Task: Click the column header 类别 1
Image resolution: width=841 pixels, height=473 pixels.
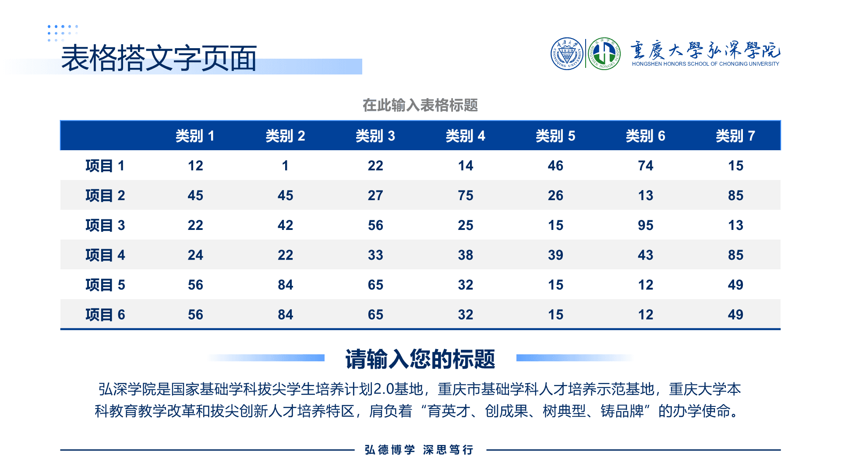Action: [x=195, y=136]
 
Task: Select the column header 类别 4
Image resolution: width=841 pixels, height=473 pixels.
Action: [x=465, y=136]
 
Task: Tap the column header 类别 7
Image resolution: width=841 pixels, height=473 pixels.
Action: [x=735, y=136]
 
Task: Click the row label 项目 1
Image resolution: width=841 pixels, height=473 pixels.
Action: [x=105, y=166]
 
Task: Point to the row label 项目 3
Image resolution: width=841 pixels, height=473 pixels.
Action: [x=105, y=225]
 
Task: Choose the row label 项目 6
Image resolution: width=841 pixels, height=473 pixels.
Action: [x=105, y=314]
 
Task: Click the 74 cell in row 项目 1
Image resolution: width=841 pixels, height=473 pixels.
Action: [x=646, y=166]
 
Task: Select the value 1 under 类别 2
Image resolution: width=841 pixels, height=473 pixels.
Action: [x=285, y=166]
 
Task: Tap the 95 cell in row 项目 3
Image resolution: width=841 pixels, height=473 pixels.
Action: [x=646, y=225]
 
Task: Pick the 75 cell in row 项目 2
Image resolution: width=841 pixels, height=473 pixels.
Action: [x=466, y=195]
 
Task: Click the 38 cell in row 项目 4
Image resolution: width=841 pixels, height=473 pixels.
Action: [x=466, y=255]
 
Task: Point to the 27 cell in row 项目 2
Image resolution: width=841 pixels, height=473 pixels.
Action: [x=375, y=195]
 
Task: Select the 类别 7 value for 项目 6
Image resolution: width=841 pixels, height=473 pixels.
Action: [x=735, y=314]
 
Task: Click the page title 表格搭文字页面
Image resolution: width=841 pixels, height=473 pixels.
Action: [x=159, y=58]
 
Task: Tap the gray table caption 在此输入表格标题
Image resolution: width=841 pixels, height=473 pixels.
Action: [x=420, y=105]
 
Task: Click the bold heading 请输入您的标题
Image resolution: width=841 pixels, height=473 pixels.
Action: [x=420, y=359]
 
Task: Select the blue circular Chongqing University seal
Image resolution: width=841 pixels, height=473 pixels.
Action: [x=567, y=54]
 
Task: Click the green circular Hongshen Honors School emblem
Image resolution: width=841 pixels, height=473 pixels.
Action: [x=604, y=54]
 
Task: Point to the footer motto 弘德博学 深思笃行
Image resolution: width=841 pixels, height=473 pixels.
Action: [x=419, y=450]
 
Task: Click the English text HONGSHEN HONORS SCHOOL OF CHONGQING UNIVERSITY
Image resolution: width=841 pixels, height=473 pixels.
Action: [x=706, y=64]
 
